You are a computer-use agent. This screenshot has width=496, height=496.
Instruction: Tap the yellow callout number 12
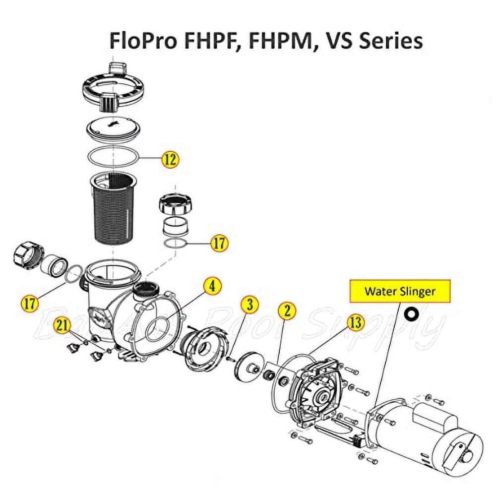(x=170, y=159)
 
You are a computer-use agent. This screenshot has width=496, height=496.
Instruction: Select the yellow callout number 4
(x=212, y=286)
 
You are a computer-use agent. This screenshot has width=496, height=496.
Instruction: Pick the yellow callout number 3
(x=250, y=305)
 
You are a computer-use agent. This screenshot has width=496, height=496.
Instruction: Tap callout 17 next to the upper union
(x=219, y=243)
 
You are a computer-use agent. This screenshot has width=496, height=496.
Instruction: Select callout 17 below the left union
(x=31, y=303)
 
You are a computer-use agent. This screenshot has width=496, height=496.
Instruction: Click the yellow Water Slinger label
(x=400, y=291)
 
